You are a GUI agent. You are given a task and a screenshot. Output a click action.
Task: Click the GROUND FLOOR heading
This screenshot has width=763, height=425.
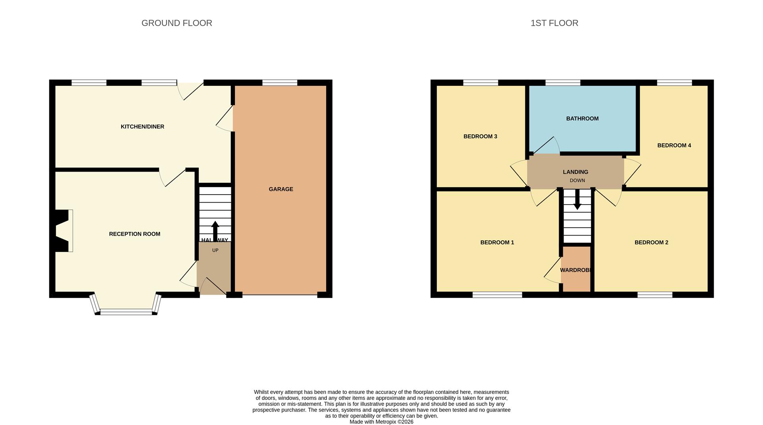click(176, 23)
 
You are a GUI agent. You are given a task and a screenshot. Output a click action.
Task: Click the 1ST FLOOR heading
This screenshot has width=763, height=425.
click(554, 23)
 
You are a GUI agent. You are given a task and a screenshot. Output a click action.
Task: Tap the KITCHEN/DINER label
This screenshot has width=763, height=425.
click(142, 127)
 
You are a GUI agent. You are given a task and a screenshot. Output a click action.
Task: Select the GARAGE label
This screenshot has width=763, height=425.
click(281, 189)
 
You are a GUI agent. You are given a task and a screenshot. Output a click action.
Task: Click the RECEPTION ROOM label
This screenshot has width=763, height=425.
click(134, 234)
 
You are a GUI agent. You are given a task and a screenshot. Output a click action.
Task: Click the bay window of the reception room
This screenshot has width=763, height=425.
click(126, 312)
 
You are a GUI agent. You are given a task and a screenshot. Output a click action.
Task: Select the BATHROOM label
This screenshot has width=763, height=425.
click(582, 118)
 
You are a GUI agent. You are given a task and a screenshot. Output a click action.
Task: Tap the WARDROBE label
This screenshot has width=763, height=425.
click(576, 270)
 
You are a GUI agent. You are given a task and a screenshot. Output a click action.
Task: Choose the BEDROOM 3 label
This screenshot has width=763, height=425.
click(480, 136)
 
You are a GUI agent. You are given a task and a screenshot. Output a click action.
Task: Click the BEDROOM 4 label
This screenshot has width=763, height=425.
click(674, 145)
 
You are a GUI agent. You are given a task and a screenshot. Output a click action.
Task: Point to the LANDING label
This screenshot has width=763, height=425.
click(575, 172)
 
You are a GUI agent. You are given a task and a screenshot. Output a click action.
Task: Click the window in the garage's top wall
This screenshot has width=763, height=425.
click(280, 83)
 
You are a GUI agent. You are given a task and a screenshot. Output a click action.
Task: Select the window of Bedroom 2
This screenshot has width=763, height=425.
click(655, 295)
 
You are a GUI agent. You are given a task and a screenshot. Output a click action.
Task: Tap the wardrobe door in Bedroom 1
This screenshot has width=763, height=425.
click(553, 270)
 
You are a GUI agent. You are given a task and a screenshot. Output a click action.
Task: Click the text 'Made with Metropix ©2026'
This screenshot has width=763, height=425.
click(381, 422)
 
